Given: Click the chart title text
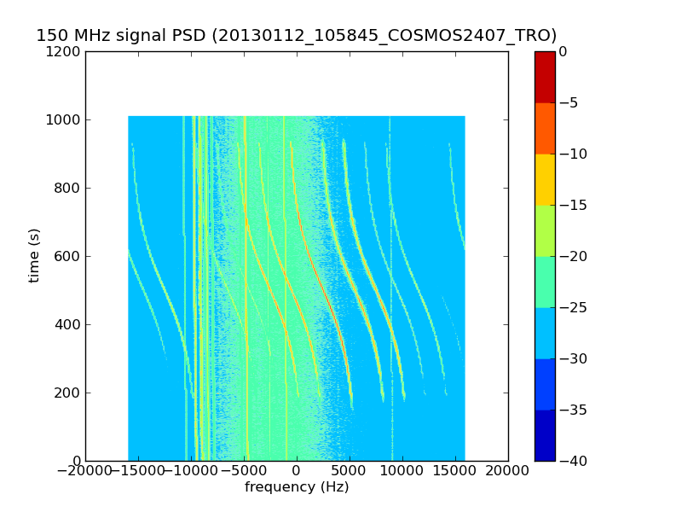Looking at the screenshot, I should coord(296,36).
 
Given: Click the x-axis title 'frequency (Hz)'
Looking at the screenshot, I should coord(297,487).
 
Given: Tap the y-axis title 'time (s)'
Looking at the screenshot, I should coord(34,255).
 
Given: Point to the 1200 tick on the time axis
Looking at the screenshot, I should coord(65,51).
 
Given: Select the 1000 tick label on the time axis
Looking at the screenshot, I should coord(65,119).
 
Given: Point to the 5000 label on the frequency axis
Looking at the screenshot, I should coord(350,472).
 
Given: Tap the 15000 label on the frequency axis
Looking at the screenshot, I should coord(455,472).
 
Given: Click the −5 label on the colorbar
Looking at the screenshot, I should coord(568,102).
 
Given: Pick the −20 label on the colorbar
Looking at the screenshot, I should coord(571,256).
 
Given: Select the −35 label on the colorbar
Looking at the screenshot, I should coord(571,410).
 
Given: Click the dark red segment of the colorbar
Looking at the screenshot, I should coord(545,77).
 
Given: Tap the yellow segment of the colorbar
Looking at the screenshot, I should coord(545,179).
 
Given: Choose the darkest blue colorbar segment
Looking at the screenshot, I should coord(545,435).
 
